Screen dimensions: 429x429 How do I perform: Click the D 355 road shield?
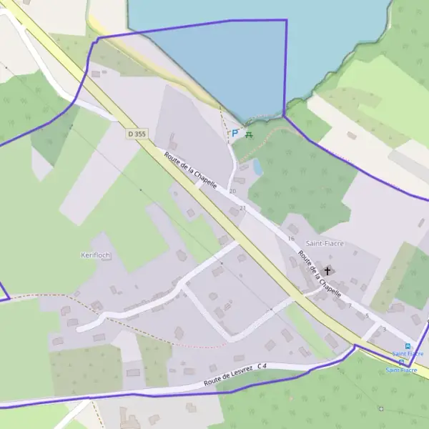[136, 134]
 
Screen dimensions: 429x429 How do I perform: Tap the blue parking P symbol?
[235, 133]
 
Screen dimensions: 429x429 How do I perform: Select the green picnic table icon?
[249, 133]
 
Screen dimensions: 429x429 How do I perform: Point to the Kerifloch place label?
[96, 255]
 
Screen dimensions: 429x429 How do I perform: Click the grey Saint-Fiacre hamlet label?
[325, 243]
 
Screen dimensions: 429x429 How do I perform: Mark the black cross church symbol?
[328, 270]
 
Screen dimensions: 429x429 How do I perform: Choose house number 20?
[232, 192]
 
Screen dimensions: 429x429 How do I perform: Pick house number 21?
[242, 208]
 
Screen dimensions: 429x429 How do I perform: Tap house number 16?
[291, 238]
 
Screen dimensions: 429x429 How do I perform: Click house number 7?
[350, 305]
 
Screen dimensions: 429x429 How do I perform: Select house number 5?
[367, 315]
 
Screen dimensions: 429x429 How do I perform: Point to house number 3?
[384, 328]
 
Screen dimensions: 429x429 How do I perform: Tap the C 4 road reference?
[262, 367]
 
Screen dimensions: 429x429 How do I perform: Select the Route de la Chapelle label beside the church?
[320, 273]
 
